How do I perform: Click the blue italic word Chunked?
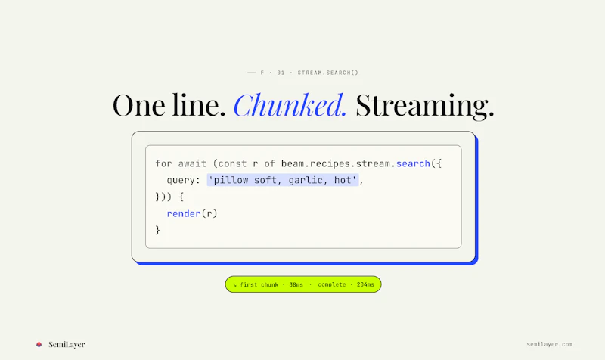pos(290,105)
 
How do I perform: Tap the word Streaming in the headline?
pos(425,107)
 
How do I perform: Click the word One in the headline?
pos(139,106)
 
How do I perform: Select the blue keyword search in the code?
pos(413,163)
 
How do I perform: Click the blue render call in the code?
pos(184,213)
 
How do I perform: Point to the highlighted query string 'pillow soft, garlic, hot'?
pos(283,180)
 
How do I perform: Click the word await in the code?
pos(192,163)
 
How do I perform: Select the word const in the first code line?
pos(232,163)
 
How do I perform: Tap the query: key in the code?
pos(183,181)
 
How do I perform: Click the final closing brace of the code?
pos(157,231)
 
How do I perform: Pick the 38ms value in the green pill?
pos(296,285)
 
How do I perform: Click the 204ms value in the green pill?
pos(365,285)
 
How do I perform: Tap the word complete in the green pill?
pos(332,285)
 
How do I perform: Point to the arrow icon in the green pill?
pos(234,285)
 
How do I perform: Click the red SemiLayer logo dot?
pos(39,345)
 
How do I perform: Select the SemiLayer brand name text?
pos(67,345)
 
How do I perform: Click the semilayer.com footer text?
pos(550,344)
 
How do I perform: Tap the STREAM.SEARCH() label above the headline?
pos(328,73)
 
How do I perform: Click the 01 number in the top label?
pos(281,73)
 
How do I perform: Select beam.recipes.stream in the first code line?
pos(335,163)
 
